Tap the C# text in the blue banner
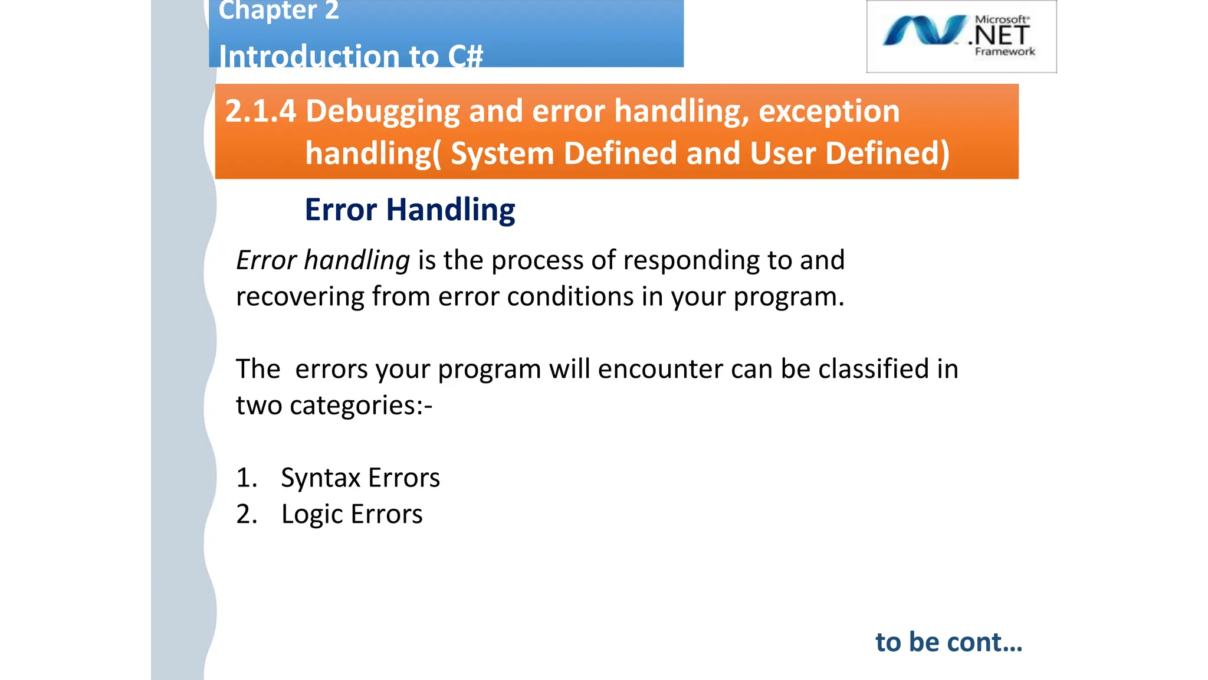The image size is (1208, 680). click(465, 57)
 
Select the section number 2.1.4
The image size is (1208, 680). click(260, 111)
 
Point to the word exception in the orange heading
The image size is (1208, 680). click(829, 111)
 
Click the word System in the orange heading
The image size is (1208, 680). click(502, 153)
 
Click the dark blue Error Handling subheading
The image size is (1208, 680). click(410, 210)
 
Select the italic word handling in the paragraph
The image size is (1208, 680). click(356, 260)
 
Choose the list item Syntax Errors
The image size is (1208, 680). click(360, 478)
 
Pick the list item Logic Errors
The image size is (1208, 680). click(352, 514)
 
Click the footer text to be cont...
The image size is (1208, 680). click(948, 642)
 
